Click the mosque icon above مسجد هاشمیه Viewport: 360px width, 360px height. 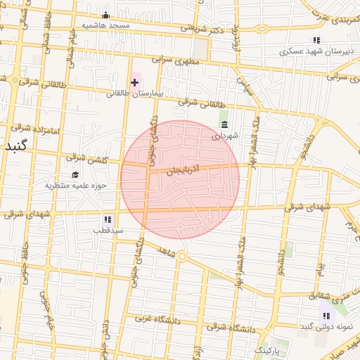pyautogui.click(x=106, y=15)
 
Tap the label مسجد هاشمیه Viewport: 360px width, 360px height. pyautogui.click(x=106, y=25)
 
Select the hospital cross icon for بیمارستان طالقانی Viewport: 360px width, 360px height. pyautogui.click(x=135, y=82)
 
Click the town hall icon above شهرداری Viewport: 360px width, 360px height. pyautogui.click(x=224, y=124)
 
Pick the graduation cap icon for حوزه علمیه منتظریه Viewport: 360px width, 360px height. pyautogui.click(x=75, y=174)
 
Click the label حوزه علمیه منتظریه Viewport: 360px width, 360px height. pyautogui.click(x=75, y=186)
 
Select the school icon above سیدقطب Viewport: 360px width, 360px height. pyautogui.click(x=108, y=219)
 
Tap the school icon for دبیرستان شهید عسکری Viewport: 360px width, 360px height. pyautogui.click(x=316, y=40)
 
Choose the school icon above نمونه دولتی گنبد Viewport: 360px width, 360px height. pyautogui.click(x=326, y=316)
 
